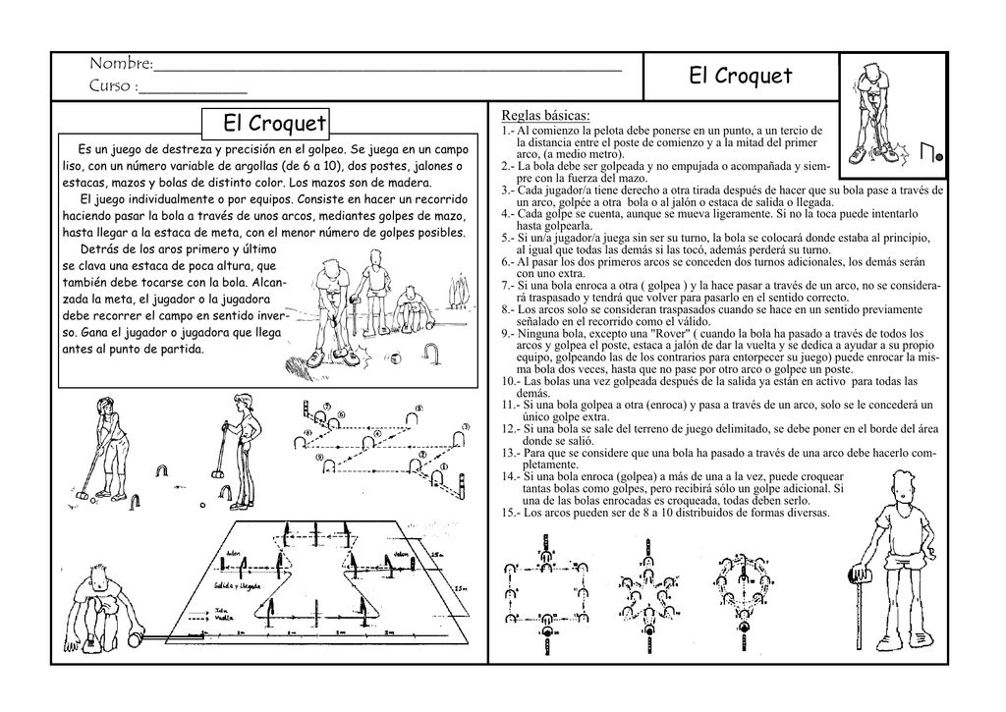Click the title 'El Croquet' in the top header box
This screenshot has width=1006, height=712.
[740, 76]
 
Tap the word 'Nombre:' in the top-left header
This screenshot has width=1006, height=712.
[121, 65]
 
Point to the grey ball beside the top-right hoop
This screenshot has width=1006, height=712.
[939, 155]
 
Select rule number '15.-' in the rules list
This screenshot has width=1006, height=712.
[511, 513]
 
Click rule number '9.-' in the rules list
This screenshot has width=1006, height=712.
[508, 334]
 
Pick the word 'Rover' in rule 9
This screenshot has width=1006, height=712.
[660, 334]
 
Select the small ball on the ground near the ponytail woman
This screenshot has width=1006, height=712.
[201, 506]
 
